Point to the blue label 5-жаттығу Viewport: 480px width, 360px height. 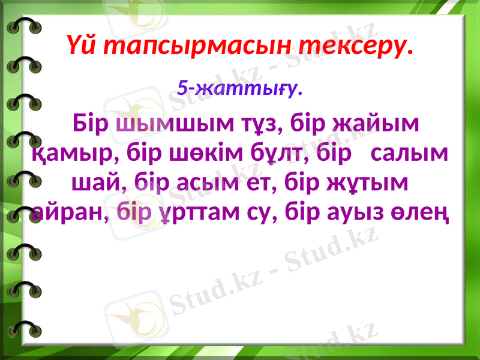tap(240, 89)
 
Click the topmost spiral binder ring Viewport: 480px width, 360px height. tap(24, 28)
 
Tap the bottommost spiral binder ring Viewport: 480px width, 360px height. tap(24, 329)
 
